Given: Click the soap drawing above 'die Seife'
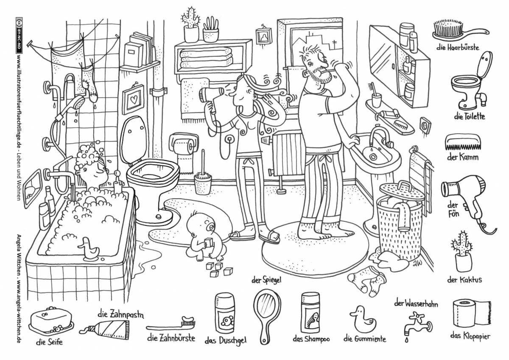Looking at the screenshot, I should pyautogui.click(x=50, y=321).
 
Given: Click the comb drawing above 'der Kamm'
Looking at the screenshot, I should pyautogui.click(x=462, y=143).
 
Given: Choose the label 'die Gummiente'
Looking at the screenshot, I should pyautogui.click(x=364, y=339).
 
